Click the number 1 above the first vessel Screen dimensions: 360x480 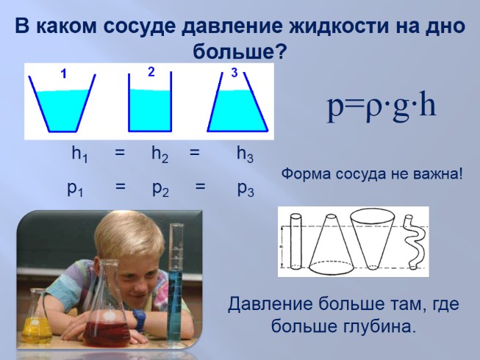tap(63, 73)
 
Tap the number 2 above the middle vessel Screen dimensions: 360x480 tap(151, 72)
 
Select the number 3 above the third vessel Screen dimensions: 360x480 tap(234, 72)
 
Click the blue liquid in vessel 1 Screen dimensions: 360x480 tap(64, 109)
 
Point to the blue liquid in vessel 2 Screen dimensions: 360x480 tap(150, 110)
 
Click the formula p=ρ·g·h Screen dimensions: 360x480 tap(382, 107)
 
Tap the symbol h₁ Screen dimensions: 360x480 tap(79, 154)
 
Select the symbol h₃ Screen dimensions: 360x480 tap(245, 154)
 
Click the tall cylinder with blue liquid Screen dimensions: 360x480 tap(175, 294)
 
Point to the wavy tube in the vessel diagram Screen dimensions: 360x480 tap(412, 242)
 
